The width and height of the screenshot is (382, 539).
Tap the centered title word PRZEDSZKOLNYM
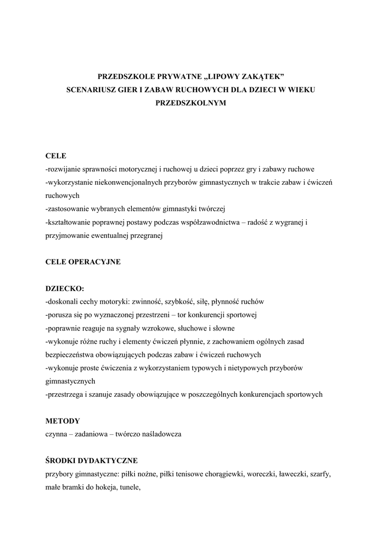tap(191, 103)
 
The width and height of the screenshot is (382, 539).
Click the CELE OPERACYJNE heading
tap(83, 262)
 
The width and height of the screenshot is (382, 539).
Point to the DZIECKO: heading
tap(64, 288)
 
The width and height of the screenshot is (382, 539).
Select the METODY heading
tap(63, 421)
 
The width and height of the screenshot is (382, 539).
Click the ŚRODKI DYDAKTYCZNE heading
tap(91, 461)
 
